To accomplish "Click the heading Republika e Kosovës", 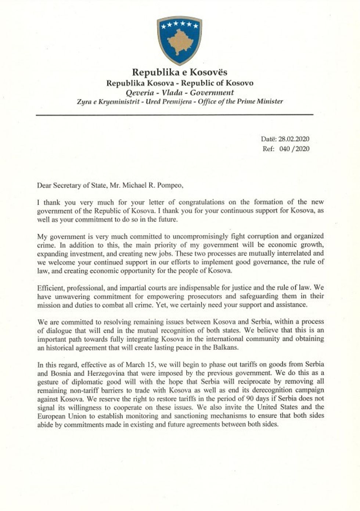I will (180, 72).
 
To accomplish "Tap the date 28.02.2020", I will (294, 139).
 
